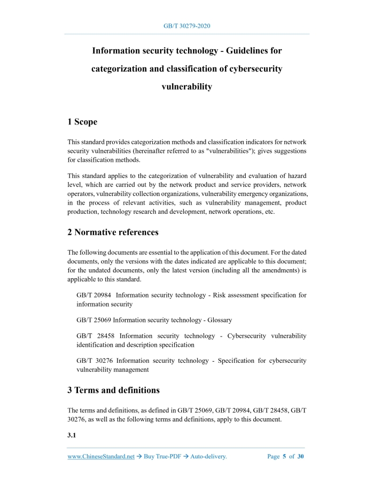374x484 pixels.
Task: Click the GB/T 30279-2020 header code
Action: tap(186, 26)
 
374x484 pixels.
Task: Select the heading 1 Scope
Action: tap(82, 122)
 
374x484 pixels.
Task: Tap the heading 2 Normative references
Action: tap(113, 232)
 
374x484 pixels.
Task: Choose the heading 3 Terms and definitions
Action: tap(113, 390)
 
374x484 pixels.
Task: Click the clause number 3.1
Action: tap(72, 435)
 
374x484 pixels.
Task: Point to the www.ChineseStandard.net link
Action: tap(101, 457)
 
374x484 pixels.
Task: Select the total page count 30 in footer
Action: tap(300, 457)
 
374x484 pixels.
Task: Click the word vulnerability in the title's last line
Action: tap(186, 87)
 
